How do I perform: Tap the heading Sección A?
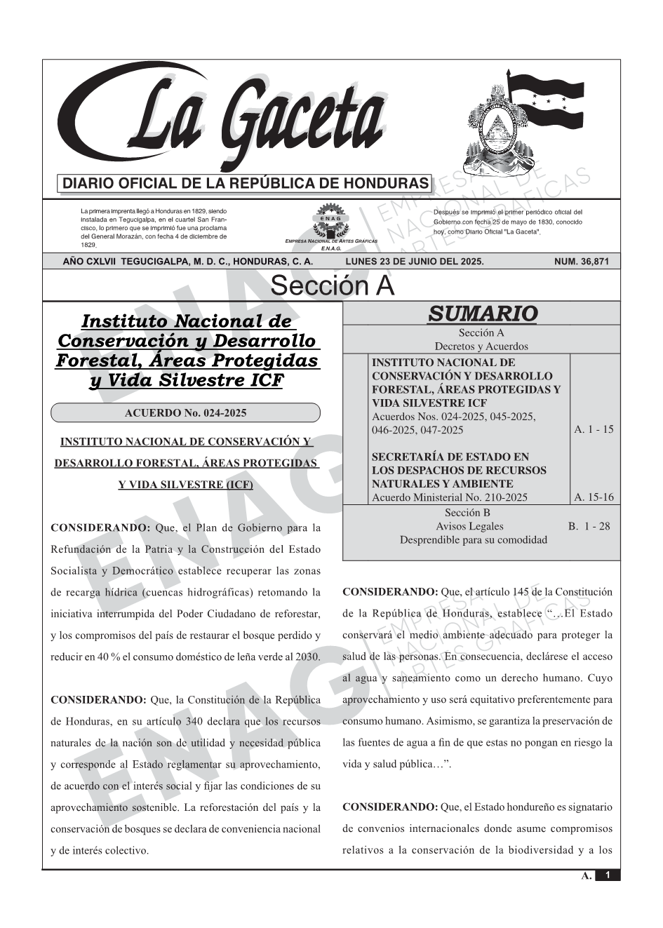click(x=332, y=286)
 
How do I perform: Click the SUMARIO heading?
click(x=482, y=314)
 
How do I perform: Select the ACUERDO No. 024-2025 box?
click(x=185, y=413)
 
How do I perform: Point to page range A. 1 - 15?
click(x=594, y=429)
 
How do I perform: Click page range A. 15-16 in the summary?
click(x=594, y=497)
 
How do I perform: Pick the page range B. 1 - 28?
click(x=589, y=526)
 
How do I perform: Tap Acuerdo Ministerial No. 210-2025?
click(x=449, y=497)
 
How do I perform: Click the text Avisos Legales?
click(x=469, y=526)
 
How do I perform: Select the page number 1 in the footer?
click(x=608, y=875)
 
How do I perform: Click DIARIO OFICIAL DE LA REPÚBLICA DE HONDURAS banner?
click(x=246, y=184)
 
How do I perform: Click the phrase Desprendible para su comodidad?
click(x=474, y=539)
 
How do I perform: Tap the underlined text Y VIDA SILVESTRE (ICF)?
click(x=185, y=485)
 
